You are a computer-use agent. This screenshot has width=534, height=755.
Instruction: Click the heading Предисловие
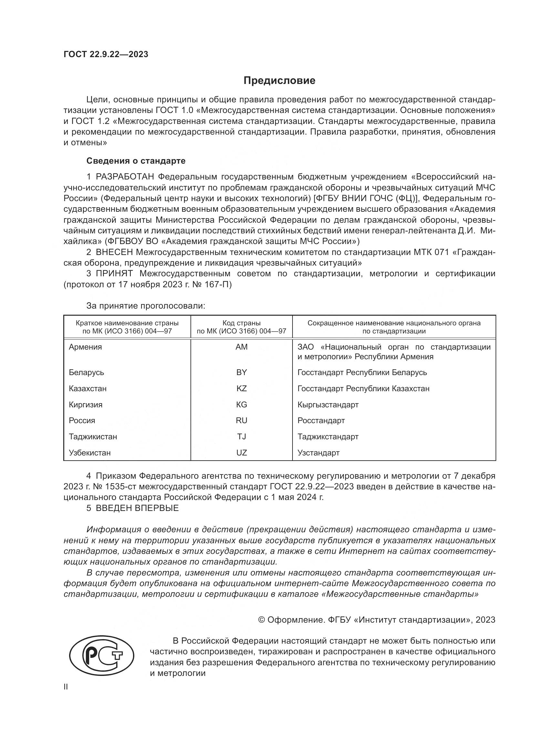[279, 81]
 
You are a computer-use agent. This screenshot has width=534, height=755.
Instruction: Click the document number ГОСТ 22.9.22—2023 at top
[106, 54]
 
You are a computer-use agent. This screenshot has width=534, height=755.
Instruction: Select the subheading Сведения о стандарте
[136, 161]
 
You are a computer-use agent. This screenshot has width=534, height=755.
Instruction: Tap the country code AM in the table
[241, 347]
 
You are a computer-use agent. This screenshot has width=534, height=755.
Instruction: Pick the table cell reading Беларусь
[87, 372]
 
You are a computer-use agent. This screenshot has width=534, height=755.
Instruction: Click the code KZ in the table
[241, 389]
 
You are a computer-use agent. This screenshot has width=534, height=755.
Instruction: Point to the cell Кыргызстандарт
[328, 405]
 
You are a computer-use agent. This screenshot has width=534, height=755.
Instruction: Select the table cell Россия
[82, 421]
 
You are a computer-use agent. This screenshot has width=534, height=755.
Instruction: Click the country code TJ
[241, 437]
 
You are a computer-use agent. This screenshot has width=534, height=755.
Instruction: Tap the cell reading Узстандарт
[318, 453]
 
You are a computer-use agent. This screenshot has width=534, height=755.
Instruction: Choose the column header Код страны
[241, 323]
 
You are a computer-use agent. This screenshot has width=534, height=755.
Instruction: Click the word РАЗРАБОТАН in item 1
[125, 177]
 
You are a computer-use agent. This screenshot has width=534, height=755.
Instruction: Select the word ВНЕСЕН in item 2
[114, 252]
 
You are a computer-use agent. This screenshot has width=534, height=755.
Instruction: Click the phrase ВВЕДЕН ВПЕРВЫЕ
[137, 508]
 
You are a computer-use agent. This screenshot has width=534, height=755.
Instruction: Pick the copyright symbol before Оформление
[262, 620]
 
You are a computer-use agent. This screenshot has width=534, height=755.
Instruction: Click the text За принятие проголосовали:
[146, 306]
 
